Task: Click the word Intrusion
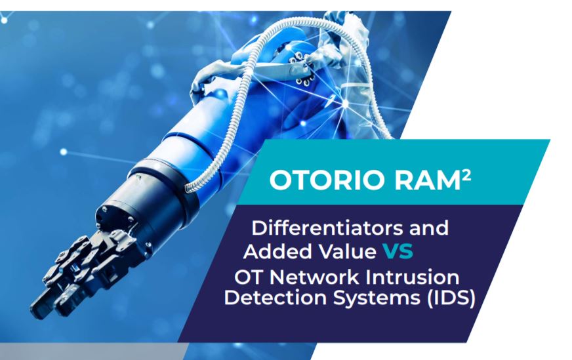pos(415,275)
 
